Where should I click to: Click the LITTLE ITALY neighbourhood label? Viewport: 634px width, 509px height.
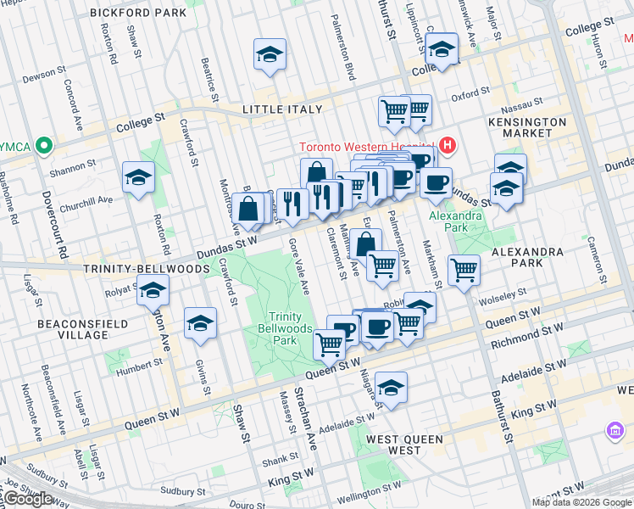coord(281,109)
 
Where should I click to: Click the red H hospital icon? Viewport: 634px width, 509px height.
coord(448,146)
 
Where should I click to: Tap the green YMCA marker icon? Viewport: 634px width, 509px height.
coord(39,146)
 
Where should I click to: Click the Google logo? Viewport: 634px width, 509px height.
coord(28,499)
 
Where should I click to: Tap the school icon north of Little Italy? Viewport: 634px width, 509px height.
coord(270,55)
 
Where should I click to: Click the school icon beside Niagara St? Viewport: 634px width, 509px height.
coord(391,388)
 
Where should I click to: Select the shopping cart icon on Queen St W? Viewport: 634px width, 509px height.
coord(329,344)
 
